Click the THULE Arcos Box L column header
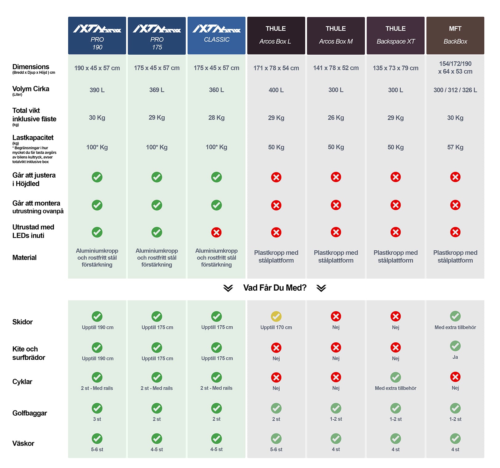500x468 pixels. pos(276,35)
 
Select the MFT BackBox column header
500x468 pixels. pos(455,35)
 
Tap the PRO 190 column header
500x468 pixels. pos(97,35)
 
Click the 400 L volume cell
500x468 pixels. pos(276,90)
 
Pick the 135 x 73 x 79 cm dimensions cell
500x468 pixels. pos(395,68)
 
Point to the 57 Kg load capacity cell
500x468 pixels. pos(455,147)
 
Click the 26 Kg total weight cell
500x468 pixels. pos(336,118)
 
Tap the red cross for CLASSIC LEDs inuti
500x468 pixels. pos(216,232)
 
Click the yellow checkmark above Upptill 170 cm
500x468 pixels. pos(276,316)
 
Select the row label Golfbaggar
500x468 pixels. pos(30,413)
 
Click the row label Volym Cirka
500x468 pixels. pos(31,89)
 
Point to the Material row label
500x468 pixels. pos(24,258)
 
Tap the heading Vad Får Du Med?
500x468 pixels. pos(275,288)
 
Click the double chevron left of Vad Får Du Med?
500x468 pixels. pos(228,288)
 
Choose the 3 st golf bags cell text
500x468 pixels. pos(97,419)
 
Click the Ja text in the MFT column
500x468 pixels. pos(455,357)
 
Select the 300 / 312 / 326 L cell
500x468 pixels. pos(455,90)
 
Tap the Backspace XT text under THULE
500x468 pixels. pos(395,42)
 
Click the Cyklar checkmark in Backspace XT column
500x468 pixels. pos(395,377)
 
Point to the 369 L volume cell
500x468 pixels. pos(157,90)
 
